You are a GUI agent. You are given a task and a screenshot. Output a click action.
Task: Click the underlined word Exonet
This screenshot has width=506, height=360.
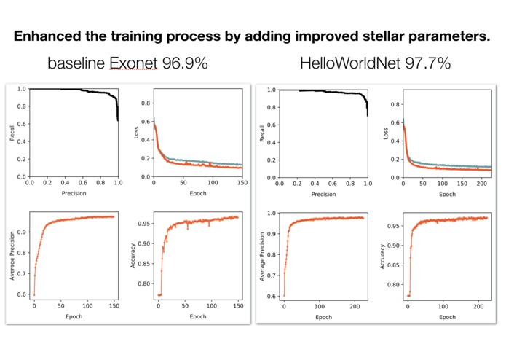133,63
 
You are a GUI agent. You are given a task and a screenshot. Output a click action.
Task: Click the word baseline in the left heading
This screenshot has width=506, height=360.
76,63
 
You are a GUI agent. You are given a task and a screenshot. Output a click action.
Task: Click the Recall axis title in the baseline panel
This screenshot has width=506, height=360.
12,133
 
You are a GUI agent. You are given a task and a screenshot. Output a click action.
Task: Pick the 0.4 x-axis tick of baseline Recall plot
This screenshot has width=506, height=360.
63,184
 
